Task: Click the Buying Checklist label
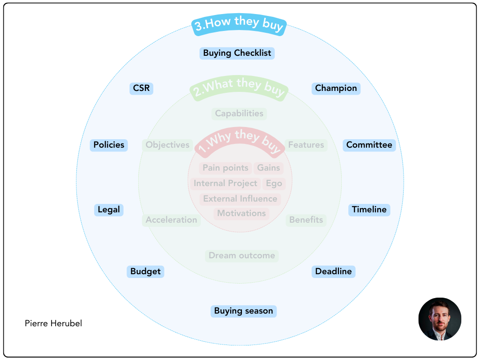click(x=237, y=53)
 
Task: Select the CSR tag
click(x=141, y=88)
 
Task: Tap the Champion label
click(x=336, y=88)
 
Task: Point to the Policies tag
click(x=109, y=145)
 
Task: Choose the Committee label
click(x=369, y=145)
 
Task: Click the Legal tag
click(x=109, y=210)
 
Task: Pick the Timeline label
click(x=369, y=210)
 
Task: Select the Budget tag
click(x=145, y=271)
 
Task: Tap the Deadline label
click(x=333, y=271)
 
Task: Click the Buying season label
click(x=243, y=311)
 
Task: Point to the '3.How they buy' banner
click(x=239, y=25)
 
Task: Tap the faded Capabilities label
click(x=239, y=113)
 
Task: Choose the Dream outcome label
click(x=241, y=255)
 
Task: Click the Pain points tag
click(x=225, y=168)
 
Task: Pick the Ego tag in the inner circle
click(x=274, y=183)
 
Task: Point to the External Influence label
click(x=240, y=199)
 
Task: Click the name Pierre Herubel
click(x=53, y=323)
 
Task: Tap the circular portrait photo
click(x=440, y=319)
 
